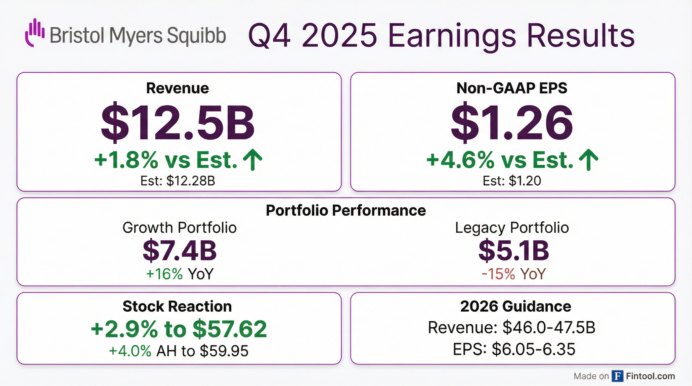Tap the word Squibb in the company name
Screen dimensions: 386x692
(196, 36)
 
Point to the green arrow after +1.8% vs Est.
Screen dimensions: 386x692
(252, 160)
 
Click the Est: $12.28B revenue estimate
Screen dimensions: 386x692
(178, 181)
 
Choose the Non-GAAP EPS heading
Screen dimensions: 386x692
(512, 88)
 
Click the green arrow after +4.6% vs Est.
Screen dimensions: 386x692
(588, 160)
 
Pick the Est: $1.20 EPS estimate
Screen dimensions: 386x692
(512, 181)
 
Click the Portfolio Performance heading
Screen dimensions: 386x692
(346, 210)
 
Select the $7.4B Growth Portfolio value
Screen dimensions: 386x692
(180, 251)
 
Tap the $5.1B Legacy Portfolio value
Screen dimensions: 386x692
(514, 251)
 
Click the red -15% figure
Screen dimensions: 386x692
(499, 274)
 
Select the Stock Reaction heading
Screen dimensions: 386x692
(177, 306)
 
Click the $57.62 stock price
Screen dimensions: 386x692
(230, 329)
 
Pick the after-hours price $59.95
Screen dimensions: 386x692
(224, 351)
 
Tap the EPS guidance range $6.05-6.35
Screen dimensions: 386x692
(534, 349)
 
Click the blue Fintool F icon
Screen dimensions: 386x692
(617, 376)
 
